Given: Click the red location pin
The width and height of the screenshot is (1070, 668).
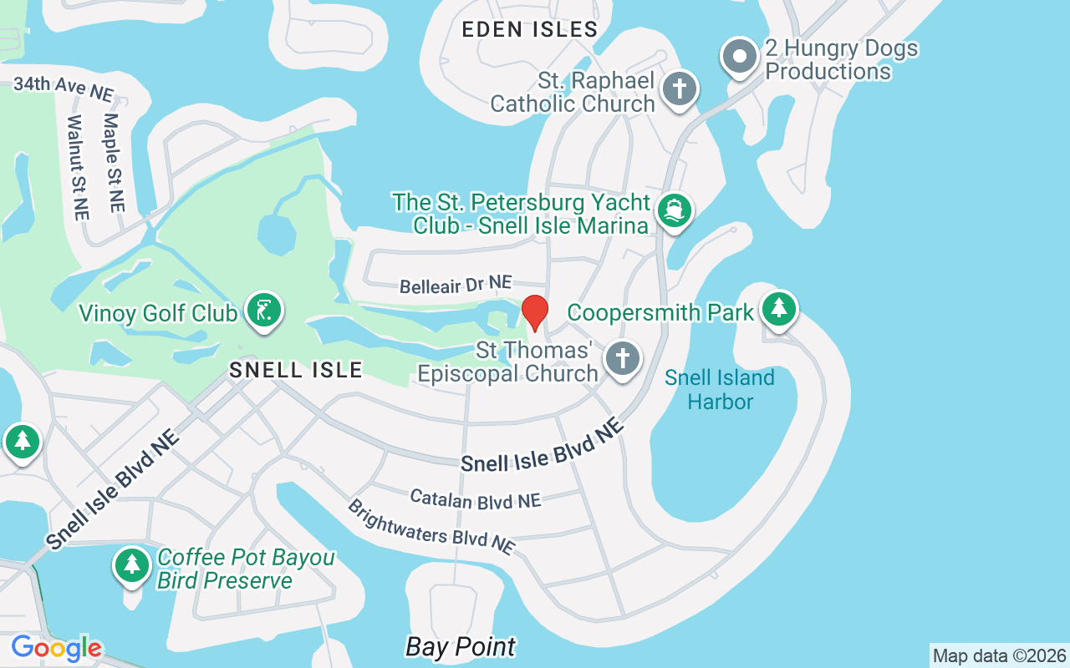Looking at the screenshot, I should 534,313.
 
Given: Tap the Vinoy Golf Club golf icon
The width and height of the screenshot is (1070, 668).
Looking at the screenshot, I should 264,311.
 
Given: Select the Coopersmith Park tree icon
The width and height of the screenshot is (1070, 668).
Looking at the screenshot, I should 779,308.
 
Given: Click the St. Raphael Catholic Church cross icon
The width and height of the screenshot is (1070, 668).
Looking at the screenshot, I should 680,89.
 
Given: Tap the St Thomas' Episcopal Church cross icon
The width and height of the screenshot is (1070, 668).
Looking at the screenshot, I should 622,359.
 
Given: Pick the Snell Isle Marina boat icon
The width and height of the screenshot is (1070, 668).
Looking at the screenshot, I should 674,210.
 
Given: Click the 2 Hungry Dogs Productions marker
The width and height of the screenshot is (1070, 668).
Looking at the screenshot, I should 739,57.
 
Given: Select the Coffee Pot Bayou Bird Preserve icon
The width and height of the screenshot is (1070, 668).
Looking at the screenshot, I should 131,565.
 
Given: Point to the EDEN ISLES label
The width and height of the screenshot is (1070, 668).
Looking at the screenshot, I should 530,30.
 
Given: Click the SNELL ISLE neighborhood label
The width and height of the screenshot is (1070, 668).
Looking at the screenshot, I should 296,369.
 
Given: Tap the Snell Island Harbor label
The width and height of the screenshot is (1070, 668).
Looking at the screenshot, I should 720,390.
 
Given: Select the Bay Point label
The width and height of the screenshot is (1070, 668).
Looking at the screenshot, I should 461,646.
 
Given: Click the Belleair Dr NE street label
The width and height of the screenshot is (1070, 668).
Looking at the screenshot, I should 456,286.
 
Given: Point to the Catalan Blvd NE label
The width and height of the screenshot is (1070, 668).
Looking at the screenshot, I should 476,499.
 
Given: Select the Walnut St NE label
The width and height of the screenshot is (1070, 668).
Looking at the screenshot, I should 77,167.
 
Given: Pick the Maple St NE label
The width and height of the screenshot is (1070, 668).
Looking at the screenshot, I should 113,162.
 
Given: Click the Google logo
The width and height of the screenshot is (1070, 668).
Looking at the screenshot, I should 56,648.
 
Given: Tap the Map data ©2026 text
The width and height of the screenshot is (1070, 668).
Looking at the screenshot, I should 999,655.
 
